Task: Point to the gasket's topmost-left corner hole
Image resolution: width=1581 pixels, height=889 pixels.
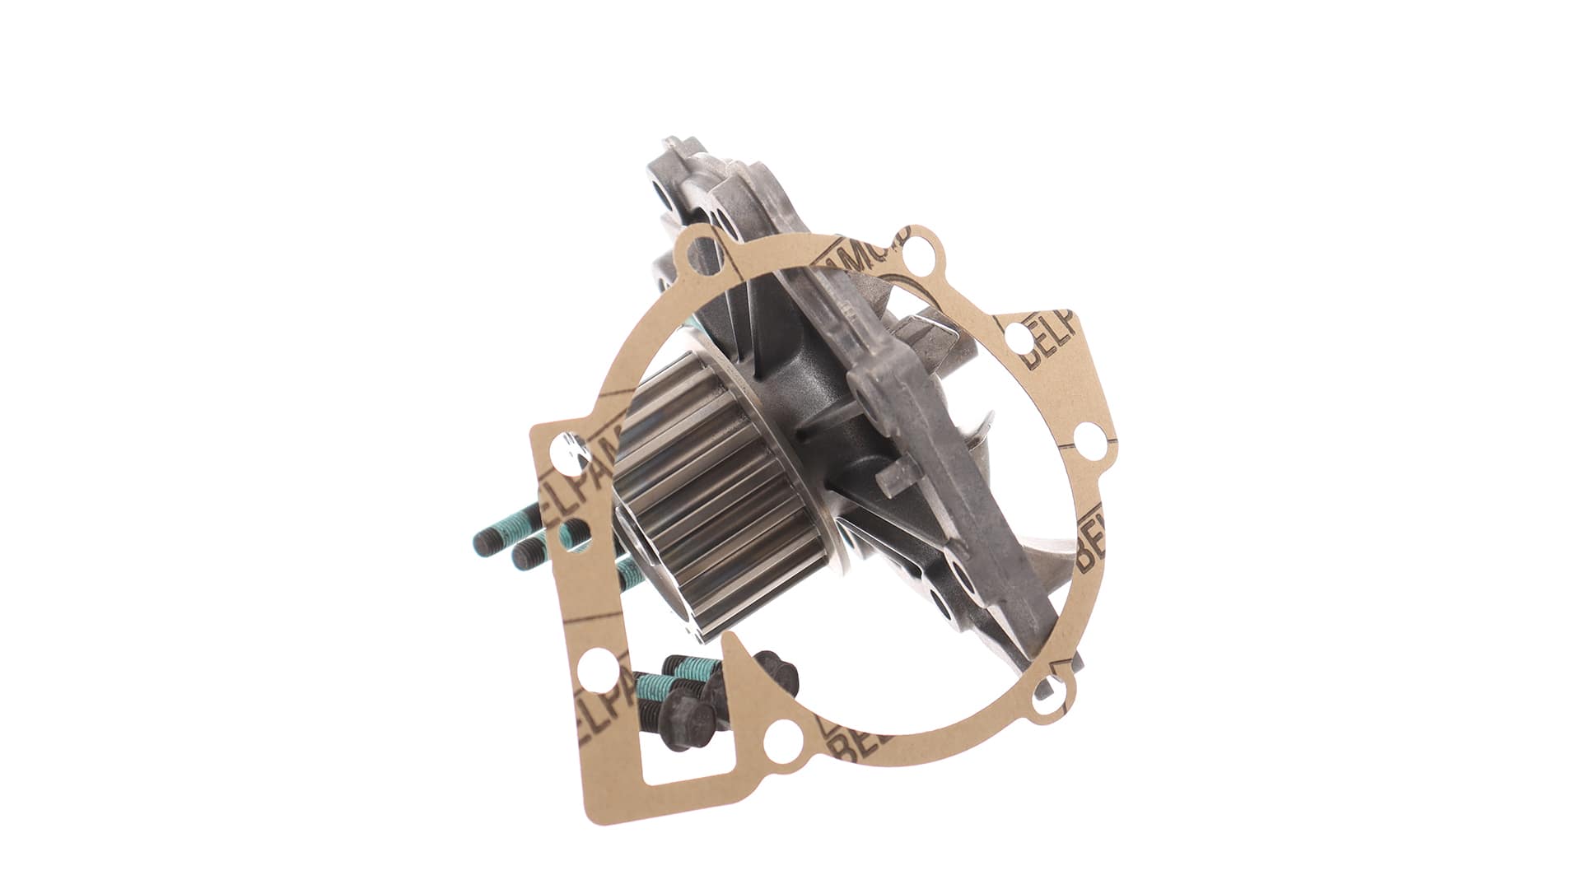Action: pos(701,247)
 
